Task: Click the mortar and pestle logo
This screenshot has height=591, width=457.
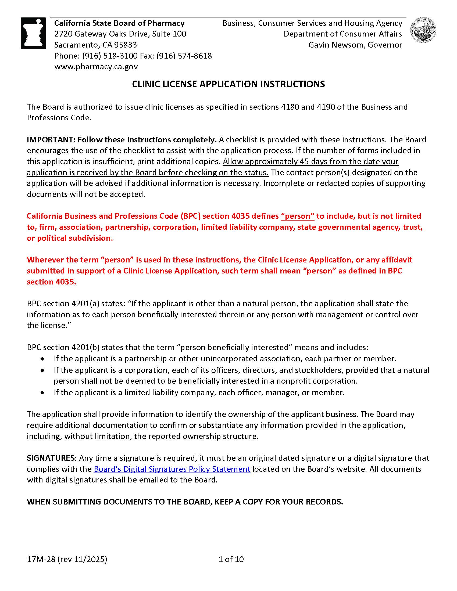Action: (x=34, y=33)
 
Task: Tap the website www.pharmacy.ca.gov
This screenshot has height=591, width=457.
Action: (x=96, y=67)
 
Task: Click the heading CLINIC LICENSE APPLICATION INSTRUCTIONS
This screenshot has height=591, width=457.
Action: (x=228, y=84)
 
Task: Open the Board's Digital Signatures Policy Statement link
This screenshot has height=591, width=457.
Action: (x=172, y=469)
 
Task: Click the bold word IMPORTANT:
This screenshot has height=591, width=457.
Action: (x=51, y=140)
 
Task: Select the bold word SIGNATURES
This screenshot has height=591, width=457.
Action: (x=51, y=458)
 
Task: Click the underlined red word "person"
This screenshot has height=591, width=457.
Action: (x=298, y=216)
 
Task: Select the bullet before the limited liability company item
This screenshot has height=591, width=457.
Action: (x=42, y=393)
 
